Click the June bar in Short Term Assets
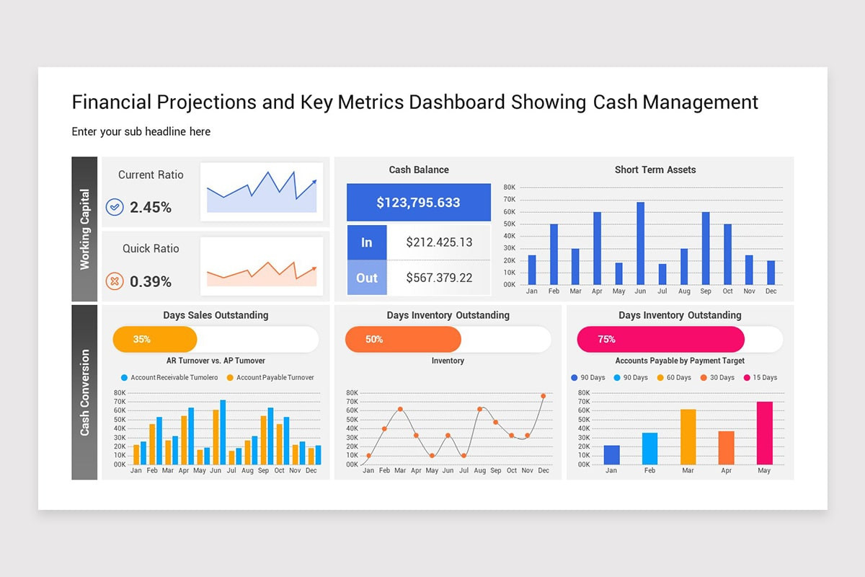640,244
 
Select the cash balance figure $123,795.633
418,203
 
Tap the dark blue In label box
367,242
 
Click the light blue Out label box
367,278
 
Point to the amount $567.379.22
439,278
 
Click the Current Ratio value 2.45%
151,208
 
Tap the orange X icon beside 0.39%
115,281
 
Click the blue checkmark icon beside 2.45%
115,208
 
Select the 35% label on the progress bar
142,339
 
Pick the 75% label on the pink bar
606,339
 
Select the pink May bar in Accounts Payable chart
764,433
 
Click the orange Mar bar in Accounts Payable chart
688,437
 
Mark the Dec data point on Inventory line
544,396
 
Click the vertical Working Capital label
84,229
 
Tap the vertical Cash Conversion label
84,392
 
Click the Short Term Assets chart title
655,170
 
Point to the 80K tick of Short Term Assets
509,188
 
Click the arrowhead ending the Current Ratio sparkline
314,182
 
